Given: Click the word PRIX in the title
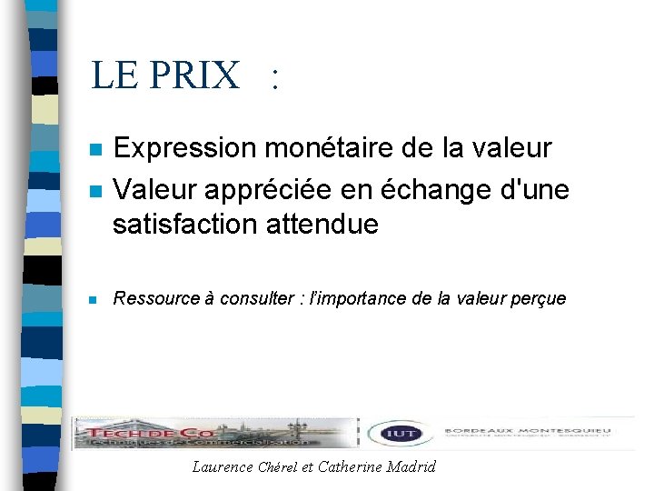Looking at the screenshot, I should click(x=194, y=75).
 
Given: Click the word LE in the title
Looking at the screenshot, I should click(x=114, y=75).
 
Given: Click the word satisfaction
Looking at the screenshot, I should click(x=183, y=224).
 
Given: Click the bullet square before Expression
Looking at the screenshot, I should click(x=94, y=149).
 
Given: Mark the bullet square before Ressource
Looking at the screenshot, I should click(x=94, y=299).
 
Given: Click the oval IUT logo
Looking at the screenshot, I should click(x=401, y=434).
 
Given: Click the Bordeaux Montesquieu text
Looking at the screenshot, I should click(x=527, y=430).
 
